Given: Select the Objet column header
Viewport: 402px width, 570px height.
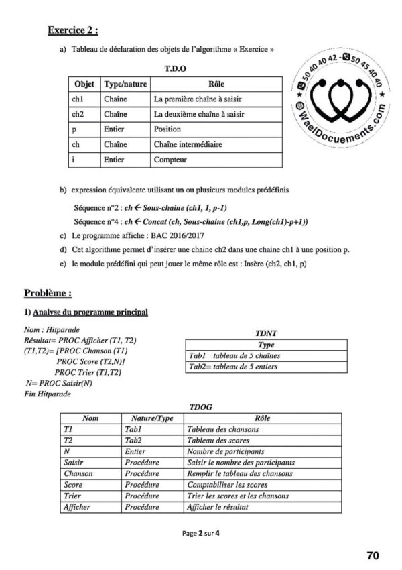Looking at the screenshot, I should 84,85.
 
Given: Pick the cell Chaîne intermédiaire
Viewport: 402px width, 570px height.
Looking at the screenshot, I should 188,144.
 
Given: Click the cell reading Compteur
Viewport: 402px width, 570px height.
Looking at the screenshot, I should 170,160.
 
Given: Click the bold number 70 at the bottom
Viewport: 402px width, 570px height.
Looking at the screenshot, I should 373,555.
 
